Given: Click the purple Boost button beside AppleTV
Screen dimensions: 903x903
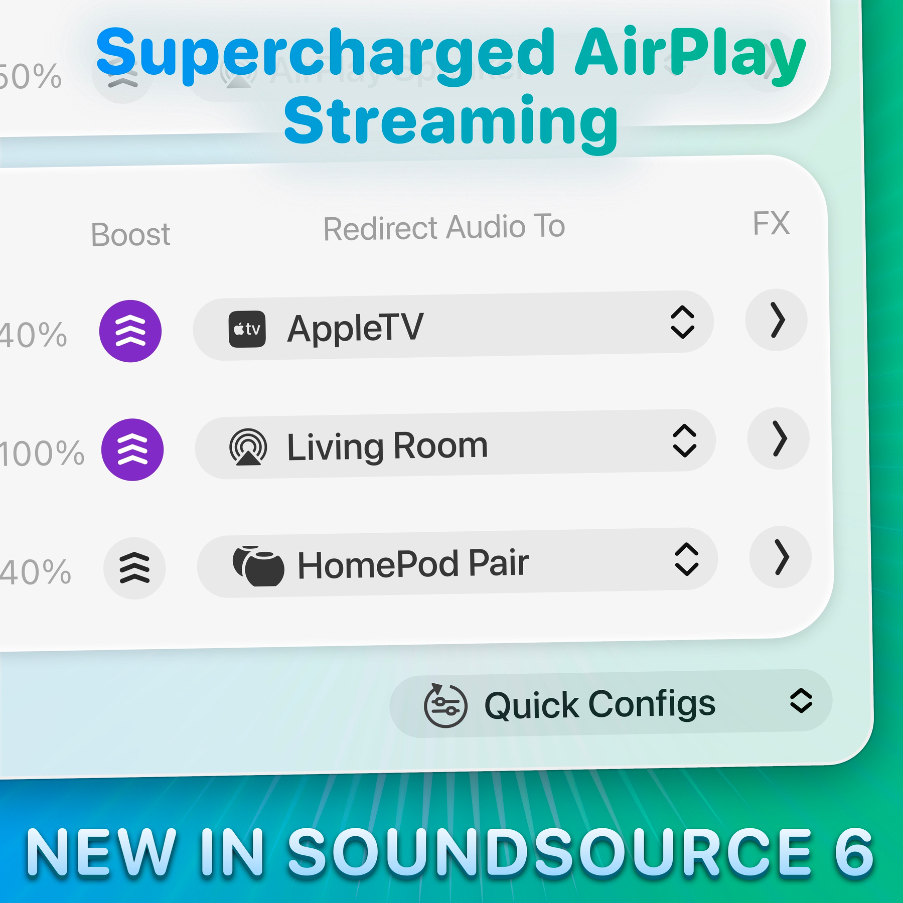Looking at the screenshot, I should pyautogui.click(x=130, y=331).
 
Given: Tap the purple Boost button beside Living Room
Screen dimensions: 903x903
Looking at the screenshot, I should pyautogui.click(x=132, y=449).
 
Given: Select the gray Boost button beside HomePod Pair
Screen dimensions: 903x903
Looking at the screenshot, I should pyautogui.click(x=134, y=568).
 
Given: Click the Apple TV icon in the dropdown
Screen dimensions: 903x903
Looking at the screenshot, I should pyautogui.click(x=247, y=329).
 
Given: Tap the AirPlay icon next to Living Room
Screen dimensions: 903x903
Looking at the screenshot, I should pyautogui.click(x=248, y=447).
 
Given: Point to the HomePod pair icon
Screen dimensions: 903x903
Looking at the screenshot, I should pyautogui.click(x=258, y=565).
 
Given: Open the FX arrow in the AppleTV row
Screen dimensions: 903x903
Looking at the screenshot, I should pyautogui.click(x=777, y=320).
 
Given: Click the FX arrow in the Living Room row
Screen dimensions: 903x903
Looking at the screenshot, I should pyautogui.click(x=779, y=438).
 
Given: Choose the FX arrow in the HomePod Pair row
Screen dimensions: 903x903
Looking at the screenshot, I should pyautogui.click(x=781, y=557).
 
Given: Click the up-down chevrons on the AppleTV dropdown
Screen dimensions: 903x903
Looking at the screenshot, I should pyautogui.click(x=682, y=322).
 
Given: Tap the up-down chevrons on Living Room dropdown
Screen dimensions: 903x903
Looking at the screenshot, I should pyautogui.click(x=684, y=440).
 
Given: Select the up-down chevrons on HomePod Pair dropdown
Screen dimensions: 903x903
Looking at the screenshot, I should pyautogui.click(x=686, y=559).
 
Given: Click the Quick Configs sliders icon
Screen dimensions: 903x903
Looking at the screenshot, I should pyautogui.click(x=445, y=705).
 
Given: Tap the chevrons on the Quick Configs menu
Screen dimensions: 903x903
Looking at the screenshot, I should pyautogui.click(x=801, y=700).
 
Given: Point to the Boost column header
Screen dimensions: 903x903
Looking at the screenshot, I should pyautogui.click(x=130, y=234).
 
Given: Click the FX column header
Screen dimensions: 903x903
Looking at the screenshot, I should pyautogui.click(x=771, y=223).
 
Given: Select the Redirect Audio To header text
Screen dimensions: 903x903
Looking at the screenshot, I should pyautogui.click(x=444, y=228).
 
